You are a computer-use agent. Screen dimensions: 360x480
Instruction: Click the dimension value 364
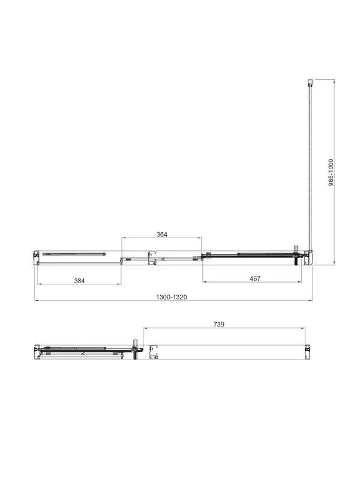click(x=162, y=235)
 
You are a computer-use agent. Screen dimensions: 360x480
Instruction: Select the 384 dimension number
click(x=79, y=280)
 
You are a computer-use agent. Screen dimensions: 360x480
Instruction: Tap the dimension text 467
click(x=255, y=278)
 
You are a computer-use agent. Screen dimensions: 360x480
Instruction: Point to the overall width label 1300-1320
click(x=172, y=297)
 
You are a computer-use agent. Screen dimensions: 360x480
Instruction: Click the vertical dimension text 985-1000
click(x=331, y=173)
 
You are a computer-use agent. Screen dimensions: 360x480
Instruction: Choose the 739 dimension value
click(x=219, y=324)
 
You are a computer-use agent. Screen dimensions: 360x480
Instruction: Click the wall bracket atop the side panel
click(x=310, y=82)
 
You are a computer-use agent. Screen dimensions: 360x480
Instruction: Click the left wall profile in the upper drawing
click(x=36, y=257)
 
